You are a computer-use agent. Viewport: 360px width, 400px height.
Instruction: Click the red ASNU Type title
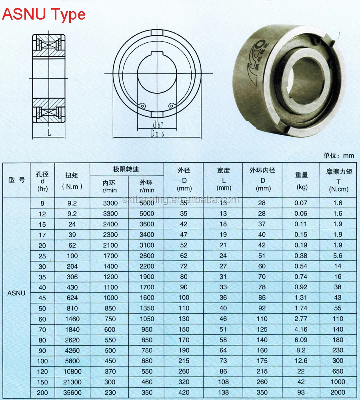click(44, 14)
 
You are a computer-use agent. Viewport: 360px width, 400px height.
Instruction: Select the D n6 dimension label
click(157, 134)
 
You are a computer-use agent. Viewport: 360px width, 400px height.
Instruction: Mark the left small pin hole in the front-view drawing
click(142, 106)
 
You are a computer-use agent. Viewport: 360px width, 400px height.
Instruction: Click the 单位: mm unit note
click(338, 156)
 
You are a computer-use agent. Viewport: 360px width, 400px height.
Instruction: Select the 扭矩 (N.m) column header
click(72, 180)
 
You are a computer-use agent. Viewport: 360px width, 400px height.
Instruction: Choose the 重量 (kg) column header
click(302, 180)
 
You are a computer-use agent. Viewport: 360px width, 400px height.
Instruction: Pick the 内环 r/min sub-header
click(109, 186)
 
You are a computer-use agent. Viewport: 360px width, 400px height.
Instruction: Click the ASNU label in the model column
click(16, 293)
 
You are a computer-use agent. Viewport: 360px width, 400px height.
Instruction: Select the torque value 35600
click(72, 392)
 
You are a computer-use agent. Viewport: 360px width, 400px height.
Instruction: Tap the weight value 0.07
click(301, 203)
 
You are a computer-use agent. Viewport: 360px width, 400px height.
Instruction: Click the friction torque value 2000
click(338, 392)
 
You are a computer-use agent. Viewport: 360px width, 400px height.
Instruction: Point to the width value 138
click(223, 392)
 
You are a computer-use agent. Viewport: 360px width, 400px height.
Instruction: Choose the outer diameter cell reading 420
click(184, 392)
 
